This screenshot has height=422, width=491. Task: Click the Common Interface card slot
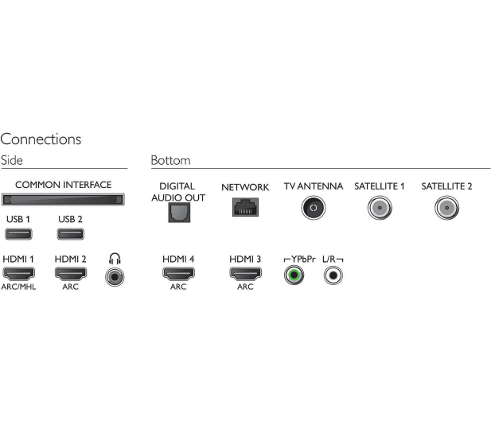63,200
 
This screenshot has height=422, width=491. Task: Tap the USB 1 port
18,234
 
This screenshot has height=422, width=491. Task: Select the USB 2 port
71,234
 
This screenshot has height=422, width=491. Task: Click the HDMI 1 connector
19,273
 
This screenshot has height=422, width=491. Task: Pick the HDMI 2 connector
71,273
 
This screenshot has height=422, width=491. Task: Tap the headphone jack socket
115,277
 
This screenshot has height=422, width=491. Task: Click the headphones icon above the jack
115,259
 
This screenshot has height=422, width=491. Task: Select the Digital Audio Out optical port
179,213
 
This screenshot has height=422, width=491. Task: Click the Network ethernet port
245,207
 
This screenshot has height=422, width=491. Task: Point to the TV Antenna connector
314,208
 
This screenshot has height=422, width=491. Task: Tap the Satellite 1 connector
380,208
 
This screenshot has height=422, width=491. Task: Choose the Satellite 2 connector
447,208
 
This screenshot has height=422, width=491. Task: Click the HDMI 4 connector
178,273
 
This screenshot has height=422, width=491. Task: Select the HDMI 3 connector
245,273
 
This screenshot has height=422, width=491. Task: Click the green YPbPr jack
294,275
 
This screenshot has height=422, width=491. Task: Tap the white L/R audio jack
333,275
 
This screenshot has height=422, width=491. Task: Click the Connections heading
41,139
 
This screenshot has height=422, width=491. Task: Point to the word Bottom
170,160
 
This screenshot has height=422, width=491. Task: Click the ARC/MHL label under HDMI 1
18,287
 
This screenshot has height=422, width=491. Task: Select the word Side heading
12,160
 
